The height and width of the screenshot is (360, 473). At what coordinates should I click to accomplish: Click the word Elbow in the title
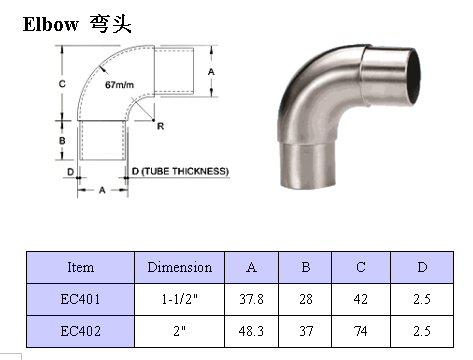(51, 24)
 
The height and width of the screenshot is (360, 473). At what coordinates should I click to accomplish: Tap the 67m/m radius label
(119, 85)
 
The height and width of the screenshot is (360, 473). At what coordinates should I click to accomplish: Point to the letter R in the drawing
(161, 126)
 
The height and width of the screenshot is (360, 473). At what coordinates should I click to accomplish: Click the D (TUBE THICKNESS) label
(180, 171)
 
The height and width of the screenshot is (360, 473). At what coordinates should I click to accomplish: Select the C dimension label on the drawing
(62, 84)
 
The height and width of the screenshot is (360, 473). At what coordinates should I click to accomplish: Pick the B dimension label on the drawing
(62, 141)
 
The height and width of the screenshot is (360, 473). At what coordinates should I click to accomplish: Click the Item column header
(80, 267)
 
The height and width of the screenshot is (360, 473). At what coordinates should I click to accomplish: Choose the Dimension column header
(180, 267)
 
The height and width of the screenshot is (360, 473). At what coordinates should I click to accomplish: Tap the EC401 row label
(80, 299)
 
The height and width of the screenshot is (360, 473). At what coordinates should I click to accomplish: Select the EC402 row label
(80, 331)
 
